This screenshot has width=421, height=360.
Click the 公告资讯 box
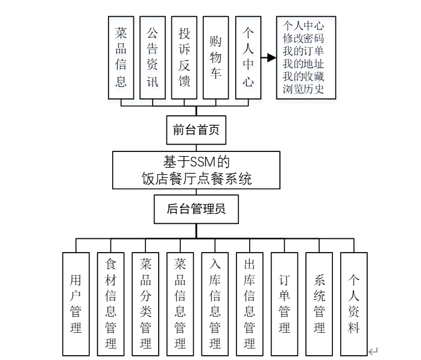(153, 57)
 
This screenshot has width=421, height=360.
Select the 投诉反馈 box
(184, 57)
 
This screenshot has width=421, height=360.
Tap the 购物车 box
(215, 57)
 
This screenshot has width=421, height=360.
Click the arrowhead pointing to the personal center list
(271, 58)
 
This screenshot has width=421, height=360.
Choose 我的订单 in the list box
(303, 51)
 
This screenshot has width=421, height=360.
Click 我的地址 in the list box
(303, 63)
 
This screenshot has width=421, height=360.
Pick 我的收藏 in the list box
(303, 77)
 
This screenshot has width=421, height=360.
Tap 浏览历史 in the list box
(303, 90)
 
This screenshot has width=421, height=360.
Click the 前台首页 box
(197, 130)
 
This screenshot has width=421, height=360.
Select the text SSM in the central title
(203, 162)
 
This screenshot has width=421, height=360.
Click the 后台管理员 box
(197, 209)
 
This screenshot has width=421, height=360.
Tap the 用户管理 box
(76, 303)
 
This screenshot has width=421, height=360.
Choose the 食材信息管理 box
(111, 303)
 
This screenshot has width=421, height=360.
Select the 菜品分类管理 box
(145, 303)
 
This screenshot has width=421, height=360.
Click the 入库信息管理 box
(215, 303)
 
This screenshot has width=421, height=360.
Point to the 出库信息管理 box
(250, 303)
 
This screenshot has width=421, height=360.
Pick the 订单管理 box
(285, 303)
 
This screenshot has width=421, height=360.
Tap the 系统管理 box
(319, 303)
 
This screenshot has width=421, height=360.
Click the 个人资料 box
(354, 303)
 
